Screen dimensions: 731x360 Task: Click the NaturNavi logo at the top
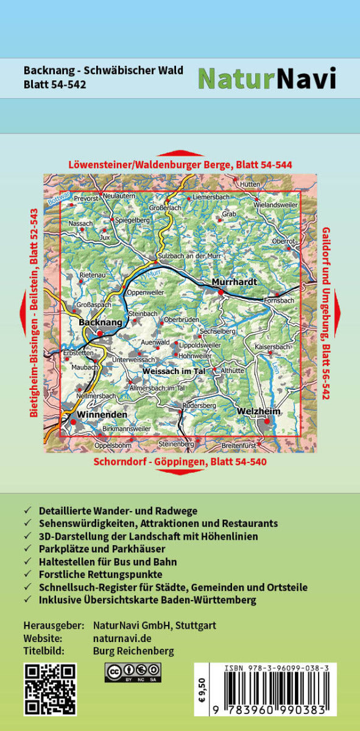(x=267, y=78)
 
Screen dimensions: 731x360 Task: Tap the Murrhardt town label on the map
(x=235, y=282)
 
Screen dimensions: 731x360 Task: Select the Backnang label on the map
(x=101, y=321)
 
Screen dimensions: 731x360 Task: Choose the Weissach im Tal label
(x=174, y=371)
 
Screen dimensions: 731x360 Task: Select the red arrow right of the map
(x=337, y=313)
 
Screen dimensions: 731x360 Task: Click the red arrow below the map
(x=180, y=473)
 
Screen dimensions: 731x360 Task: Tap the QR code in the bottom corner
(x=50, y=689)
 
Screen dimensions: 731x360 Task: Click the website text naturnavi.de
(x=122, y=638)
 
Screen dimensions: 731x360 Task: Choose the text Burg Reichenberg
(x=133, y=651)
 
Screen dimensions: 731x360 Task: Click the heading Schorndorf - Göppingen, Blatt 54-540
(x=180, y=462)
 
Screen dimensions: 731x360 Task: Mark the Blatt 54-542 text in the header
(x=55, y=85)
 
